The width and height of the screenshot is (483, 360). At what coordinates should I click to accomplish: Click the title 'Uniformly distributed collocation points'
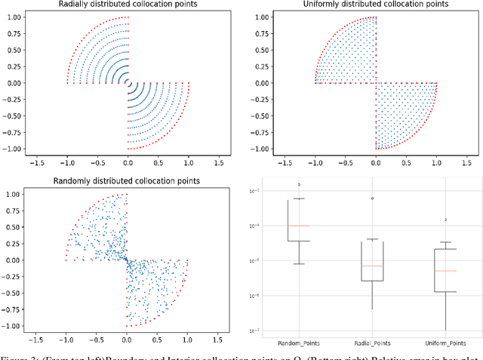[375, 5]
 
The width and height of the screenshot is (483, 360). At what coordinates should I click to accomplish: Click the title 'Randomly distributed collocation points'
[128, 180]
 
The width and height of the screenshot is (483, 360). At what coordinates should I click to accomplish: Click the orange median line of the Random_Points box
[299, 226]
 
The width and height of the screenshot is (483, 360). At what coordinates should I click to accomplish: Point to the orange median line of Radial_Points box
[372, 266]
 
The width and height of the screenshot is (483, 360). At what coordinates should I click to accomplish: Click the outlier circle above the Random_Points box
[299, 184]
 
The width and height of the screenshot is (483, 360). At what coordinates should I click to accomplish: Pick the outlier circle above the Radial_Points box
[372, 198]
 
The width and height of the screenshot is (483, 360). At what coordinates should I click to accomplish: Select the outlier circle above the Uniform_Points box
[445, 220]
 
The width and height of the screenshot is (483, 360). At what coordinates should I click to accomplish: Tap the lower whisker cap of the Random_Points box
[299, 263]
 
